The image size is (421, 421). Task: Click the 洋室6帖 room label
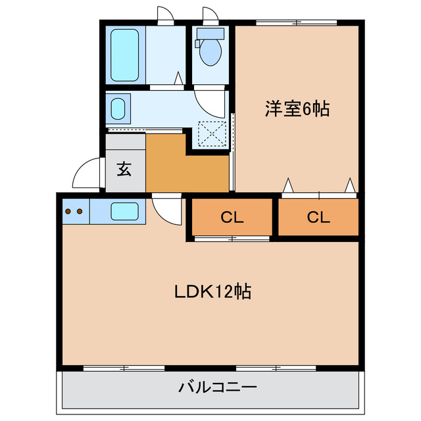(x=297, y=109)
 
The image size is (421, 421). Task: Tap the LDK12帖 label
(x=212, y=291)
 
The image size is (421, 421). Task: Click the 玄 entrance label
(x=124, y=170)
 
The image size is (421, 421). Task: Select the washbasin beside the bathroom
(x=118, y=109)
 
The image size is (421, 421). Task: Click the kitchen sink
(x=124, y=211)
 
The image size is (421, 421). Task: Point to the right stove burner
(x=80, y=212)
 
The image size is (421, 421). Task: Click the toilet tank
(x=211, y=33)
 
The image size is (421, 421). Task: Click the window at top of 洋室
(x=297, y=24)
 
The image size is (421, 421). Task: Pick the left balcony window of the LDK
(x=115, y=366)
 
